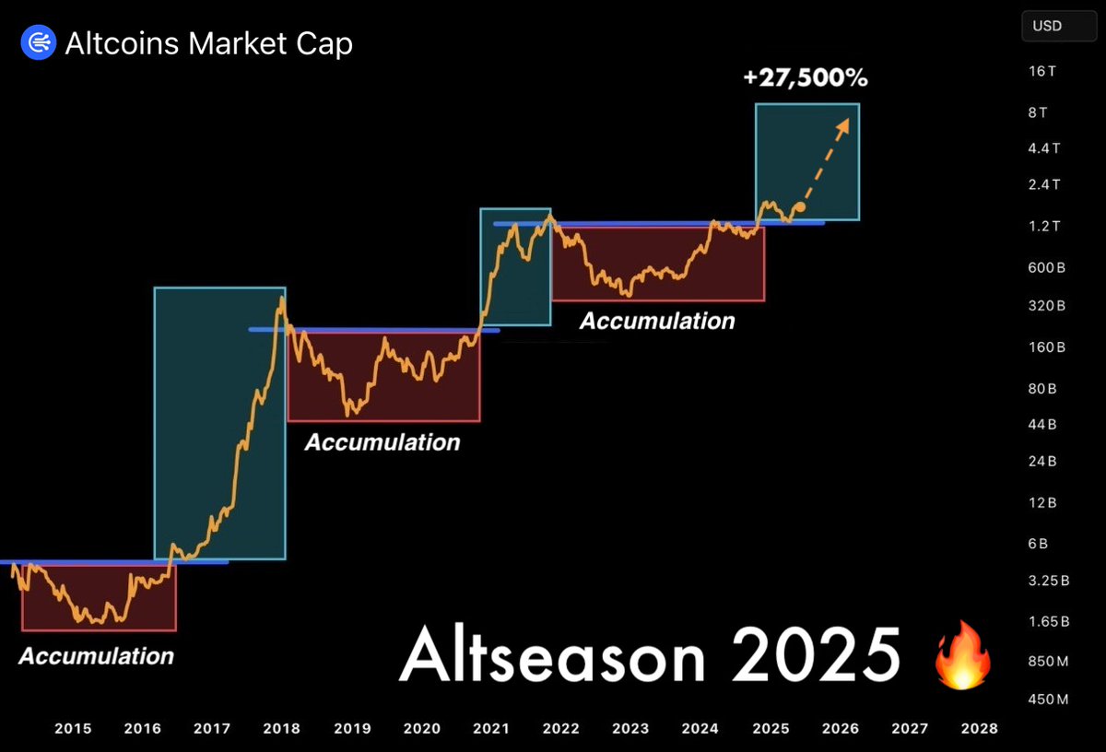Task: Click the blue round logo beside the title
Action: tap(39, 42)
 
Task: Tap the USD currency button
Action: tap(1059, 26)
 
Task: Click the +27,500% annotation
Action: tap(806, 77)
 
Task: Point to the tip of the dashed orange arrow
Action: tap(849, 119)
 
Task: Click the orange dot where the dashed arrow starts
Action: tap(800, 206)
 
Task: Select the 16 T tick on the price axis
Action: tap(1042, 71)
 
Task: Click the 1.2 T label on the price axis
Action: tap(1043, 226)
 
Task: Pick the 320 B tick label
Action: tap(1047, 306)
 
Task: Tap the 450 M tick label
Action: tap(1048, 699)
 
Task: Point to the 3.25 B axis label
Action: tap(1049, 581)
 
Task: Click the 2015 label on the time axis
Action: tap(73, 728)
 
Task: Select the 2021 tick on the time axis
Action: tap(491, 728)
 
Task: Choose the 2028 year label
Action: tap(980, 728)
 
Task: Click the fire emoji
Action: tap(962, 655)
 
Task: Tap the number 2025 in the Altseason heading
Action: tap(816, 655)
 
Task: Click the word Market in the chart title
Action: tap(238, 43)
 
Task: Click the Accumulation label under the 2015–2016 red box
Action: tap(97, 656)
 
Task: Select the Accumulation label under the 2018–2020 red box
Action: tap(382, 442)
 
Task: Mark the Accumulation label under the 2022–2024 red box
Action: tap(657, 321)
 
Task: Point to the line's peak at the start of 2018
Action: tap(282, 297)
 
